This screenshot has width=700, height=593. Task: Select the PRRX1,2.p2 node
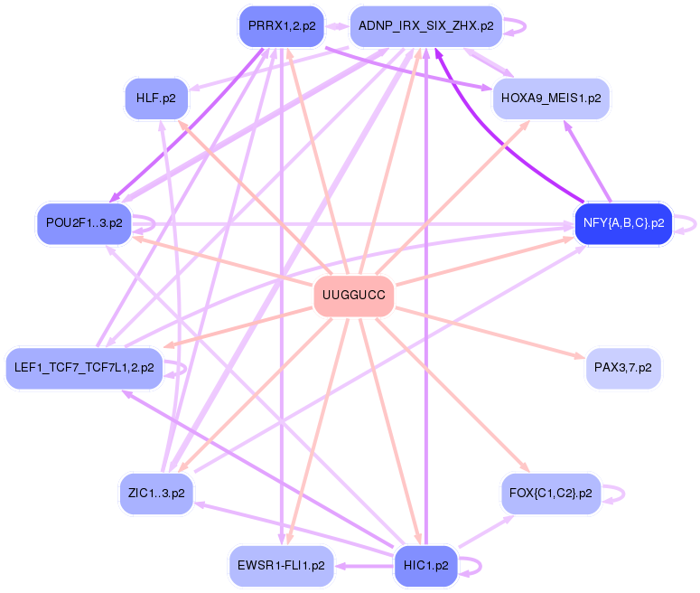click(x=281, y=25)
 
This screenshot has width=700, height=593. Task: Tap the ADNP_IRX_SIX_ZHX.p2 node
click(x=425, y=25)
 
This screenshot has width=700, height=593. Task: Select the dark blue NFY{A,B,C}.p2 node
click(x=623, y=222)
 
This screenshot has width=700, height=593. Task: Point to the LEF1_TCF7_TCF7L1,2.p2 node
click(x=84, y=368)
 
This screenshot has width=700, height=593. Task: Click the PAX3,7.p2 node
click(x=623, y=368)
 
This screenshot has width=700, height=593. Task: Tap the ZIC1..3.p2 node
click(x=156, y=494)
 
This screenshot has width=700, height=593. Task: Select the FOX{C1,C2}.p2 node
click(x=550, y=494)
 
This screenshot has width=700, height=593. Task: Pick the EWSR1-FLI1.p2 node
click(x=281, y=566)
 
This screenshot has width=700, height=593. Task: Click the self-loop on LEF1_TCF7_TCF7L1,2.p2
click(x=185, y=368)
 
